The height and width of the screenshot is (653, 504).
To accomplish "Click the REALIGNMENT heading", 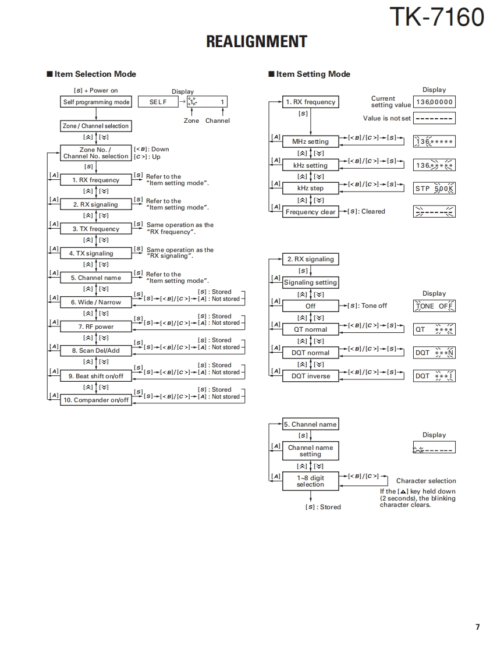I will pos(257,41).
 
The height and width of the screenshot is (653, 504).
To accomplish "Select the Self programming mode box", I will pos(96,102).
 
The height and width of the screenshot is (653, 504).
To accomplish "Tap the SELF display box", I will pos(158,102).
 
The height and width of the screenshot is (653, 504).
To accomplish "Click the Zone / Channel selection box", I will pos(96,126).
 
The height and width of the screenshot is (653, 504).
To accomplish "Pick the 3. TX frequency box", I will pos(96,229).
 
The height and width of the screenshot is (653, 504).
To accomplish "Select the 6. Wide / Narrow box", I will pos(96,302).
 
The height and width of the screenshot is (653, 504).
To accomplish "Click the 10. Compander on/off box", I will pos(96,400).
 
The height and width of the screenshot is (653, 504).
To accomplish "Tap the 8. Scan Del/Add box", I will pos(96,351).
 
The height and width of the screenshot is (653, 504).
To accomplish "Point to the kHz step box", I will pos(310,188).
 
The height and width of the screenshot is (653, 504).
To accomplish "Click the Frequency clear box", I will pos(310,212).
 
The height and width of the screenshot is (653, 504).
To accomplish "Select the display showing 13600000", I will pos(434,102).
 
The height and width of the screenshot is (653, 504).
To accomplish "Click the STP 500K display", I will pos(434,188).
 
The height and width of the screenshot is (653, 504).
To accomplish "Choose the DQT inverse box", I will pos(310,376).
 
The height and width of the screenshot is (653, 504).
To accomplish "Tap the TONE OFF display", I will pos(434,306).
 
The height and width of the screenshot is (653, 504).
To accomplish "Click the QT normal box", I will pos(310,329).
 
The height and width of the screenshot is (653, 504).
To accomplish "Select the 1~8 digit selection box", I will pos(310,481).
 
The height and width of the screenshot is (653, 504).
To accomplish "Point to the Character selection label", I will pos(426,481).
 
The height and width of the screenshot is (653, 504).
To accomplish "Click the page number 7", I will pos(477,627).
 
